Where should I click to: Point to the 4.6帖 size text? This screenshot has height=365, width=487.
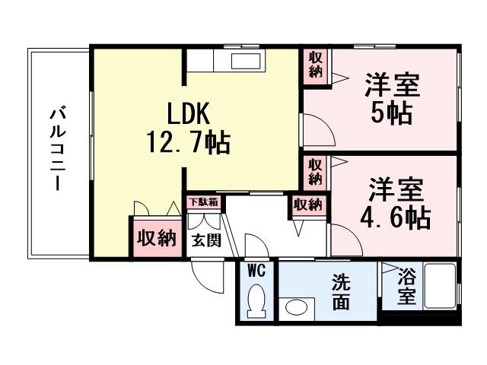click(x=394, y=217)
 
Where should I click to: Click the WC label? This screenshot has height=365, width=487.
click(x=256, y=270)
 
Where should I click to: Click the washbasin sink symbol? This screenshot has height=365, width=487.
click(x=294, y=308)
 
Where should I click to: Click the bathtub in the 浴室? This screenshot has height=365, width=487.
click(x=438, y=287)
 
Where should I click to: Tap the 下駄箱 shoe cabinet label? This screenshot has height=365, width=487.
click(x=204, y=202)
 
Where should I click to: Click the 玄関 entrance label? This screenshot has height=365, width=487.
click(x=205, y=241)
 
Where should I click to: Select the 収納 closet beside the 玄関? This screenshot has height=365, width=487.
click(x=156, y=238)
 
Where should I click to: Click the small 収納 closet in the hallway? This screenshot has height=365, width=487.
click(x=307, y=205)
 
